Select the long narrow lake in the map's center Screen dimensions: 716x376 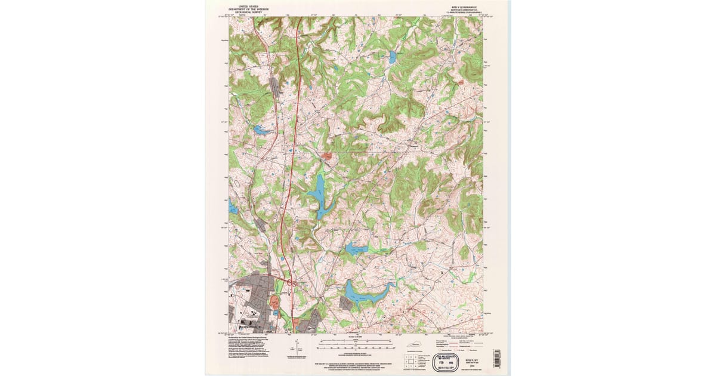(x=317, y=194)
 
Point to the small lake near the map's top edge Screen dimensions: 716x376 (x=393, y=58)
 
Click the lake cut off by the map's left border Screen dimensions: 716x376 (x=233, y=208)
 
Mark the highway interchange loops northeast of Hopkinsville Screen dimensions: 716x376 (x=291, y=284)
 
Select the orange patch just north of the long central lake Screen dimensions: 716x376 (x=327, y=157)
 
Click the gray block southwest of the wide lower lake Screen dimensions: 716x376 (x=346, y=303)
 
